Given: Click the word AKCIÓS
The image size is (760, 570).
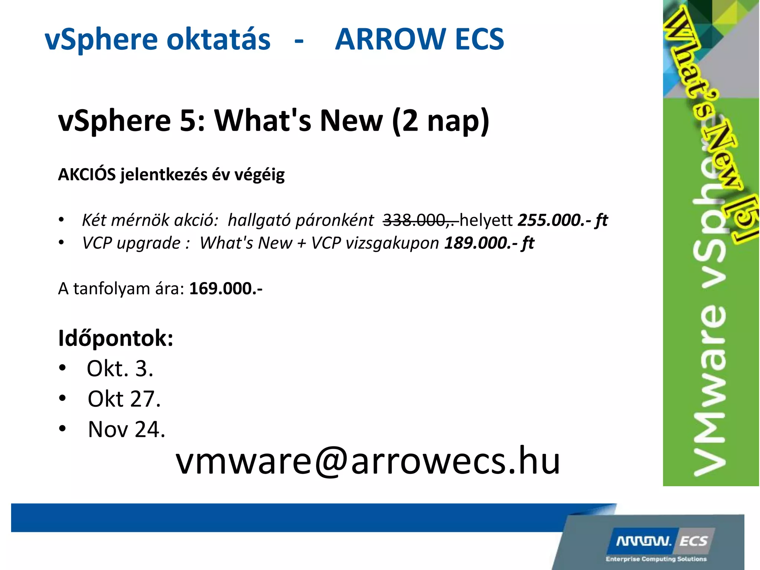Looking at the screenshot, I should (87, 174).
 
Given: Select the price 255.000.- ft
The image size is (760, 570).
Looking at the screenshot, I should (563, 220).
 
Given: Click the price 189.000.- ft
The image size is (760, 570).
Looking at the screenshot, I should (489, 243).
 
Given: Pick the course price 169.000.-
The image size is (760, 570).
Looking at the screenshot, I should (226, 289).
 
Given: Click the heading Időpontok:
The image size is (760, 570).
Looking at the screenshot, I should (115, 338).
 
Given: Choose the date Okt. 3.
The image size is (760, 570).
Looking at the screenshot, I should (120, 368).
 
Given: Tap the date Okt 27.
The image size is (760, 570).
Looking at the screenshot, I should (124, 399).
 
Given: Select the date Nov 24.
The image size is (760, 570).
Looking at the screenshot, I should (126, 429).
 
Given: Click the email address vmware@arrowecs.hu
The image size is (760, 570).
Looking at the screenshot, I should (367, 461).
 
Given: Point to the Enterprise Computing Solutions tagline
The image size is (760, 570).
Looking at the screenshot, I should (656, 559).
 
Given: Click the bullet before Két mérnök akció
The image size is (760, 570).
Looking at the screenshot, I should (62, 220).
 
